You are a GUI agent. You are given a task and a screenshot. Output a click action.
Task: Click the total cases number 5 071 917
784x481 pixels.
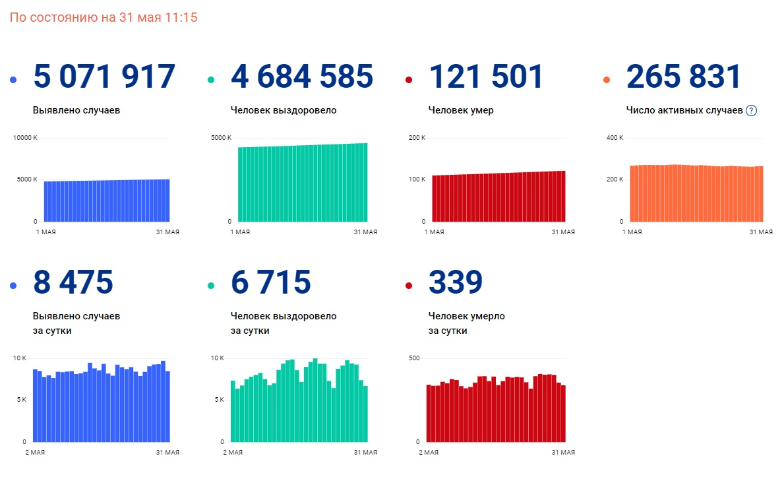coord(104,77)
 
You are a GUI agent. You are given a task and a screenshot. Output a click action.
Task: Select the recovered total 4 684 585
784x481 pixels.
coord(302,77)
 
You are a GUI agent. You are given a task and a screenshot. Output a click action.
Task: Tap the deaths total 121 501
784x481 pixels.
coord(486,77)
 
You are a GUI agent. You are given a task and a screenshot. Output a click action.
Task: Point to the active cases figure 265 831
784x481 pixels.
coord(684,77)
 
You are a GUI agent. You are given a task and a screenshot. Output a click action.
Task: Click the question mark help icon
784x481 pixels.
coord(751,111)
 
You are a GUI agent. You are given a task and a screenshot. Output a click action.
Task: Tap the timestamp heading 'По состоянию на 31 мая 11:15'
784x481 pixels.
coord(104,18)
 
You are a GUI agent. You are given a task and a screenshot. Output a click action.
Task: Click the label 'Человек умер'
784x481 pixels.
coord(461,110)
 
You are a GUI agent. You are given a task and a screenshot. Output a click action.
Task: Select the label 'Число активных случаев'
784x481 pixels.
coord(684,110)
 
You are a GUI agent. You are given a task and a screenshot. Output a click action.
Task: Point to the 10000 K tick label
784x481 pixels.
coord(25,138)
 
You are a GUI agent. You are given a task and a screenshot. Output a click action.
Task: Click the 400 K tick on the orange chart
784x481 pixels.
coord(615,138)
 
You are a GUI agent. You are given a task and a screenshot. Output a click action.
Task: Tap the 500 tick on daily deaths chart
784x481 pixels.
coord(415,358)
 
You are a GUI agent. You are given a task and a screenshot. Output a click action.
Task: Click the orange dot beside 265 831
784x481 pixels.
coord(607,80)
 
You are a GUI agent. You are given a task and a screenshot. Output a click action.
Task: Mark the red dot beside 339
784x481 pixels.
coord(409,285)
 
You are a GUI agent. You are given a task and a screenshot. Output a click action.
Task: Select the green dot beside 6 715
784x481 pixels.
coord(211,285)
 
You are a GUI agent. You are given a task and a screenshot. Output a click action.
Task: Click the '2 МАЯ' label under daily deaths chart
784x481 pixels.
coord(429,452)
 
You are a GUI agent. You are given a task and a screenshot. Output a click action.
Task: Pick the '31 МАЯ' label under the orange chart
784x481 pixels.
coord(761,232)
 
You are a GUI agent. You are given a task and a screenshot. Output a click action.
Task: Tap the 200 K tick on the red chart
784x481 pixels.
coord(417,138)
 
